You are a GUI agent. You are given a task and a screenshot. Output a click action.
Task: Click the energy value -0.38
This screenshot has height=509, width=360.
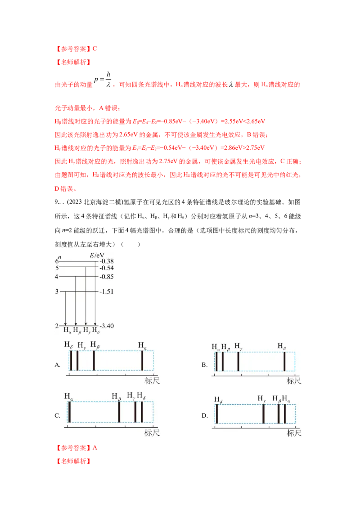click(108, 261)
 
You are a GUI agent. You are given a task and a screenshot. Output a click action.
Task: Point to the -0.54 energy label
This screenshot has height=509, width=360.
click(108, 268)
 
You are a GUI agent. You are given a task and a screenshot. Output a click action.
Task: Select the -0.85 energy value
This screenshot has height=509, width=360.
click(108, 277)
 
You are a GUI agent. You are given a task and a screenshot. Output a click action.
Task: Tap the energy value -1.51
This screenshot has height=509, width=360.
click(108, 291)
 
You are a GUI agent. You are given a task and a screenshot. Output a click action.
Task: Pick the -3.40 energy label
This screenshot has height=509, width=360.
click(108, 325)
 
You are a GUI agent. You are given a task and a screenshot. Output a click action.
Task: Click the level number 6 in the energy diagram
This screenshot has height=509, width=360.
click(57, 261)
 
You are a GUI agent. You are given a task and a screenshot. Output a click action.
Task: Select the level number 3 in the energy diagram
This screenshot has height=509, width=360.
click(57, 291)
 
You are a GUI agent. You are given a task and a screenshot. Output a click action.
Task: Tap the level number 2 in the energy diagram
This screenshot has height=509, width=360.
click(57, 325)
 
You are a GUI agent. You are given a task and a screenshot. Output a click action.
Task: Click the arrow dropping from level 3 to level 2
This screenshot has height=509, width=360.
click(66, 308)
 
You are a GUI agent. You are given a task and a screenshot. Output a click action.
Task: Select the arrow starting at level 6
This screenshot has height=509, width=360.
click(95, 292)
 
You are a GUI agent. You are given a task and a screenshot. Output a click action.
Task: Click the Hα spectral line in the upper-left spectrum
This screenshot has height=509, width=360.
click(142, 361)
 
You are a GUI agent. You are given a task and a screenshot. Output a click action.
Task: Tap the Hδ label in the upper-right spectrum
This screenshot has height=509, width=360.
click(282, 347)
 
